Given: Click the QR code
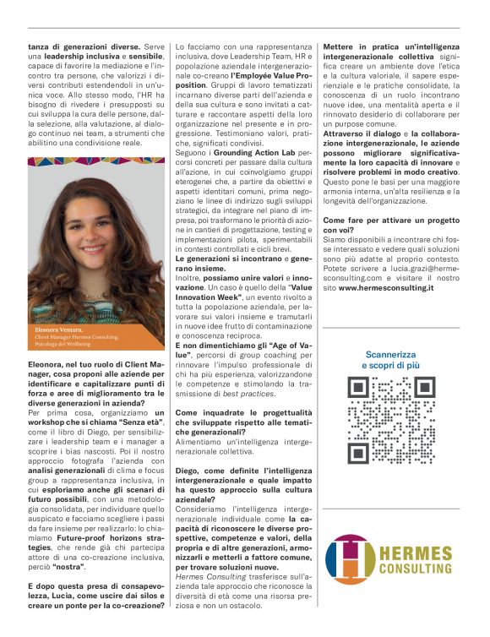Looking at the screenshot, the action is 378,409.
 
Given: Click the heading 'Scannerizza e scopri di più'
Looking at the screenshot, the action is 378,359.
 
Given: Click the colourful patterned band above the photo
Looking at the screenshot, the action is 95,162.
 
